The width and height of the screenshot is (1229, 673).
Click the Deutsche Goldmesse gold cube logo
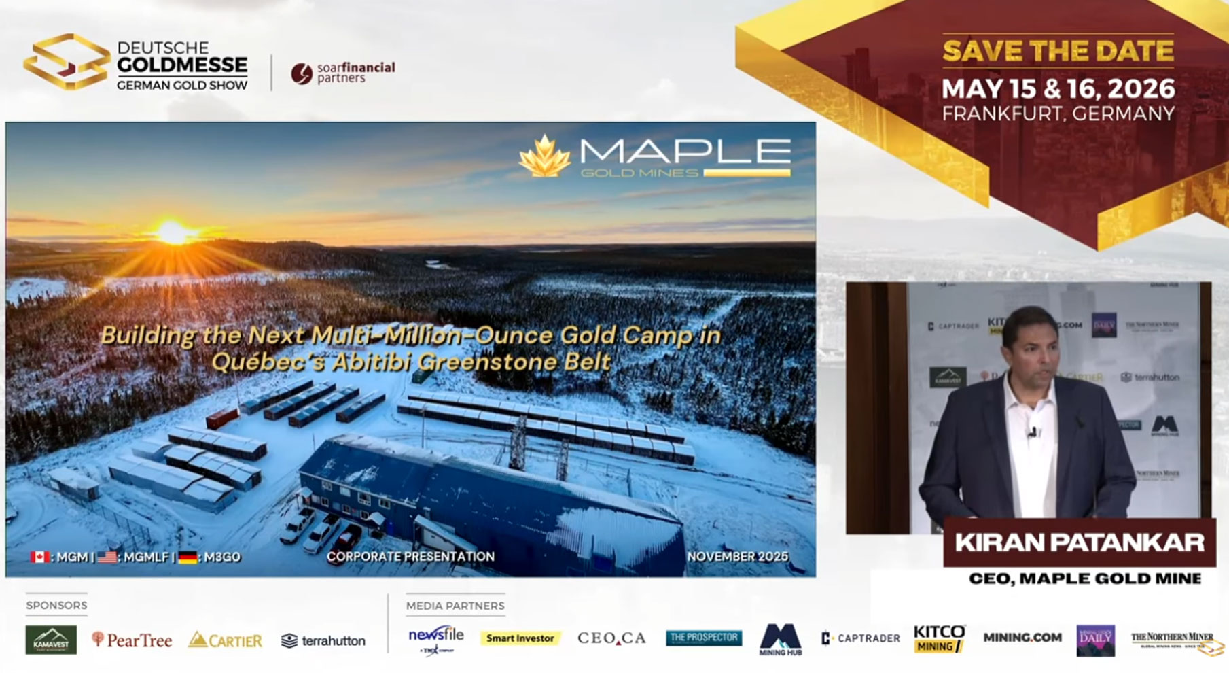[66, 62]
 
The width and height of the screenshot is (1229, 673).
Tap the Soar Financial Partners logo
[343, 72]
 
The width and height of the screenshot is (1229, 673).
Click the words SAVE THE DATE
[1057, 52]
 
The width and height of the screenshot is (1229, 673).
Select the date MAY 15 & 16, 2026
[1058, 88]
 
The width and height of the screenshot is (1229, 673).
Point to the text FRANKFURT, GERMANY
[1058, 114]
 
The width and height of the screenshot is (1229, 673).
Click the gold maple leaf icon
[544, 156]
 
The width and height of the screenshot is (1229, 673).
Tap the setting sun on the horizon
[173, 232]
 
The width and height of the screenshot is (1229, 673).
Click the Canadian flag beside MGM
[40, 557]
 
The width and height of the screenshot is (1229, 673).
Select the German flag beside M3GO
[188, 557]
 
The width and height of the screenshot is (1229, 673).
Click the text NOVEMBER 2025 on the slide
[737, 556]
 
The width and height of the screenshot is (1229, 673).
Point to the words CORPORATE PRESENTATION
[410, 556]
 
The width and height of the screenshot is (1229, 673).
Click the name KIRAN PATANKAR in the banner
[1079, 542]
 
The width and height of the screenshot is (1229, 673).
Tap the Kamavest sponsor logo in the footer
[51, 640]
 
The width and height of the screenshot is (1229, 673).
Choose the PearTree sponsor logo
[132, 640]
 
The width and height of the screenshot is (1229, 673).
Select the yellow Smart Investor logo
[520, 638]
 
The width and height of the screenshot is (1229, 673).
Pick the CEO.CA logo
[611, 638]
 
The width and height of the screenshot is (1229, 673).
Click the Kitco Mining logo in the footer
[939, 639]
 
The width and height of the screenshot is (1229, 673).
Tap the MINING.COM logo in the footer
[1022, 638]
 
